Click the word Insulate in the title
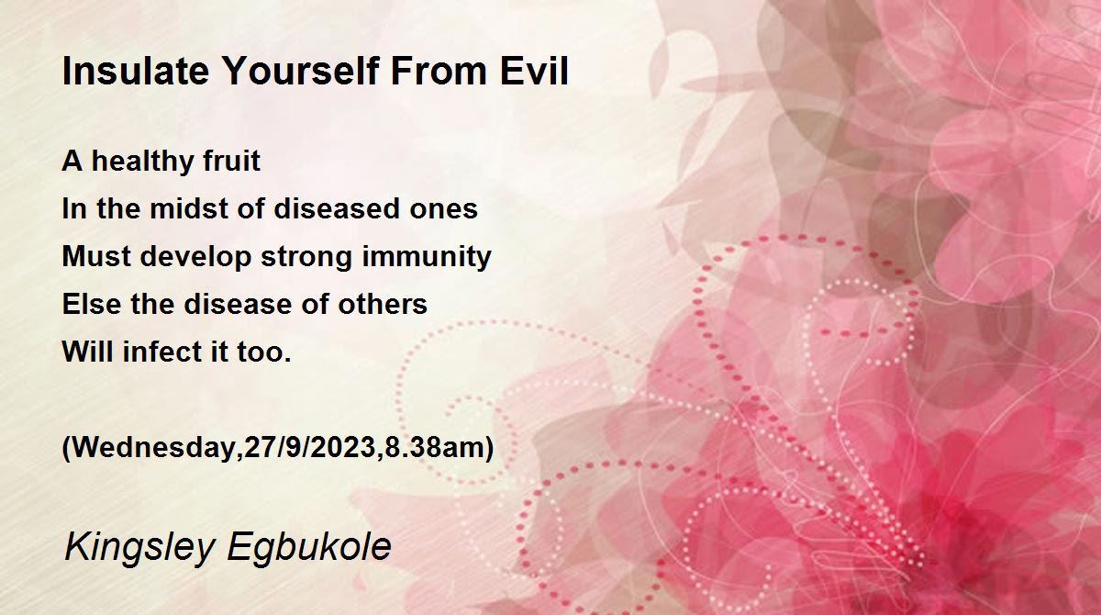[136, 71]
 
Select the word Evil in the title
[534, 71]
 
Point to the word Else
[92, 304]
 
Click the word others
[383, 304]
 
